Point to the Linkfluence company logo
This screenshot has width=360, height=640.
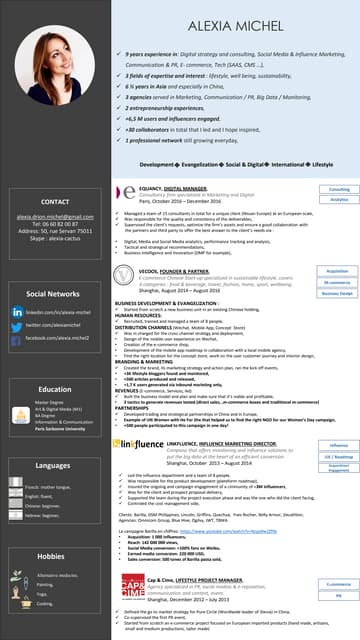pyautogui.click(x=140, y=440)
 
